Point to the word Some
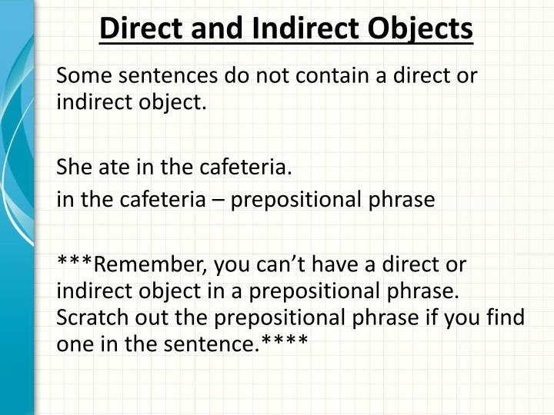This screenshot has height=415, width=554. click(82, 76)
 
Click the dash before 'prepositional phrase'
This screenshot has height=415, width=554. click(219, 200)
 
